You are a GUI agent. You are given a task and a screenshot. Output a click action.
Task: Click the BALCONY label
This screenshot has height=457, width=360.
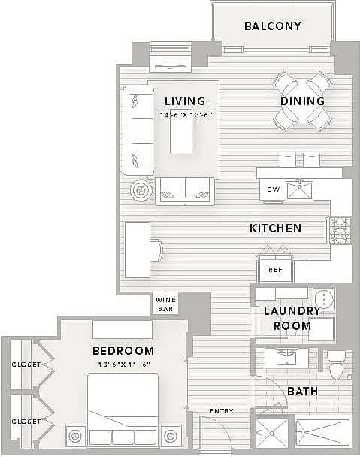(x=273, y=26)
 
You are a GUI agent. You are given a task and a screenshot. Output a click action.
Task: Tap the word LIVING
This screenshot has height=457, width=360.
(x=186, y=101)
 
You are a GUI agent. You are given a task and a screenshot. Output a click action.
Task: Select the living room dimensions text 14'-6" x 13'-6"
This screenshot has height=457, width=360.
(x=186, y=115)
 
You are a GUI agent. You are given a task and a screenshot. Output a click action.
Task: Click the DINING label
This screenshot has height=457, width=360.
(x=302, y=101)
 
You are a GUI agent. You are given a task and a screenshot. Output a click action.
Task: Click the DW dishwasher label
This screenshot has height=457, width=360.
(x=274, y=189)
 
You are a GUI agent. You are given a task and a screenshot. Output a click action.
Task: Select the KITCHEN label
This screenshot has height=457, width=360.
(x=276, y=228)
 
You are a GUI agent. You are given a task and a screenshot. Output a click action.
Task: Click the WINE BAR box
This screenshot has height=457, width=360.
(x=165, y=304)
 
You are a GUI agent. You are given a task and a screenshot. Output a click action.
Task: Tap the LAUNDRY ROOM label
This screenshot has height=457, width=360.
(x=292, y=318)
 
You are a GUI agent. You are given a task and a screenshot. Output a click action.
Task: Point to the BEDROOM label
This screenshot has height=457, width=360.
(x=123, y=351)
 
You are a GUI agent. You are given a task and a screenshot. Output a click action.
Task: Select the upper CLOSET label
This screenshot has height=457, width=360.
(x=26, y=365)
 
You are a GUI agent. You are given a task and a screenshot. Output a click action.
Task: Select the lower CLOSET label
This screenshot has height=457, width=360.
(x=26, y=421)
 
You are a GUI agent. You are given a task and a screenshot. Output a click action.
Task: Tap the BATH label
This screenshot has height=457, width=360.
(x=302, y=392)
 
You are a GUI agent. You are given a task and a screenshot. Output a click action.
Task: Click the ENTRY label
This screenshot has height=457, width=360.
(x=221, y=411)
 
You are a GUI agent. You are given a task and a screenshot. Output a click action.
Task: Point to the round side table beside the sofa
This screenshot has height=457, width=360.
(x=141, y=191)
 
